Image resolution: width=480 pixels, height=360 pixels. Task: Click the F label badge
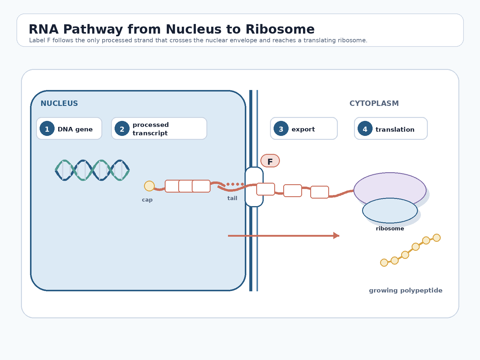tap(270, 161)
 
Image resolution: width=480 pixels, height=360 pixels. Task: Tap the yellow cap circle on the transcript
tap(149, 186)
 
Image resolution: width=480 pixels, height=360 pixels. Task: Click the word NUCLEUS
tap(59, 103)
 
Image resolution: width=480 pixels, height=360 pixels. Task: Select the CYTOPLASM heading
tap(374, 103)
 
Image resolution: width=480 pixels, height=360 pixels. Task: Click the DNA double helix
tap(92, 170)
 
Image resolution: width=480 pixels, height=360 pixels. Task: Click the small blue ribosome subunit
tap(390, 211)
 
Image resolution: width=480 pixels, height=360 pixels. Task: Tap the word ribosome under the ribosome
tap(390, 229)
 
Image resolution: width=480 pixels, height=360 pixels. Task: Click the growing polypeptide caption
tap(406, 290)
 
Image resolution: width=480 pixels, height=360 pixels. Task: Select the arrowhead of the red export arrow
tap(336, 235)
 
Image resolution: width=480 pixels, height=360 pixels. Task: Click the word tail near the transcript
tap(232, 198)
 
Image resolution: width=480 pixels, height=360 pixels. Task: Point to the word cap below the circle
tap(147, 200)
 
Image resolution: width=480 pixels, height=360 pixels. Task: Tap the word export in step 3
tap(303, 129)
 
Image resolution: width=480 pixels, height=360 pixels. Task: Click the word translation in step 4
tap(395, 129)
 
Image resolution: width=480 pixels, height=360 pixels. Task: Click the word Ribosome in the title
tap(280, 29)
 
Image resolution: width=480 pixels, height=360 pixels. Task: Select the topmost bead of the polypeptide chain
tap(437, 238)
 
